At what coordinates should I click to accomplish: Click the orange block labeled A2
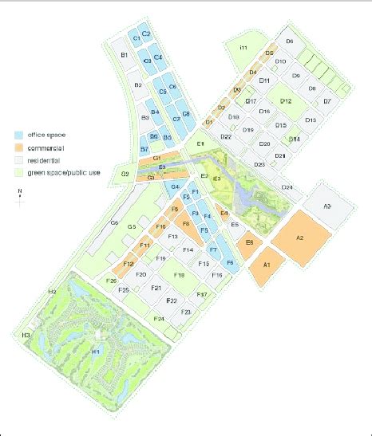(300, 237)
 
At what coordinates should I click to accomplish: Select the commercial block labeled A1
(267, 263)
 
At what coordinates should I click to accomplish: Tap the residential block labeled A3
(326, 206)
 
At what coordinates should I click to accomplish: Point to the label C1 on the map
(136, 37)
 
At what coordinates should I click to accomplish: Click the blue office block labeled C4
(158, 57)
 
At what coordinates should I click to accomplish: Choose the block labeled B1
(124, 56)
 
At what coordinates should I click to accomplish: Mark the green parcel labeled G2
(125, 174)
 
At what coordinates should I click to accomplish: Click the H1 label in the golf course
(94, 351)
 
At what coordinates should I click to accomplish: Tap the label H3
(26, 335)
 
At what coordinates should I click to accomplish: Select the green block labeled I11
(244, 50)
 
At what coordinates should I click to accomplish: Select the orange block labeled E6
(249, 242)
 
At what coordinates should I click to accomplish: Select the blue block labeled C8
(186, 114)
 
